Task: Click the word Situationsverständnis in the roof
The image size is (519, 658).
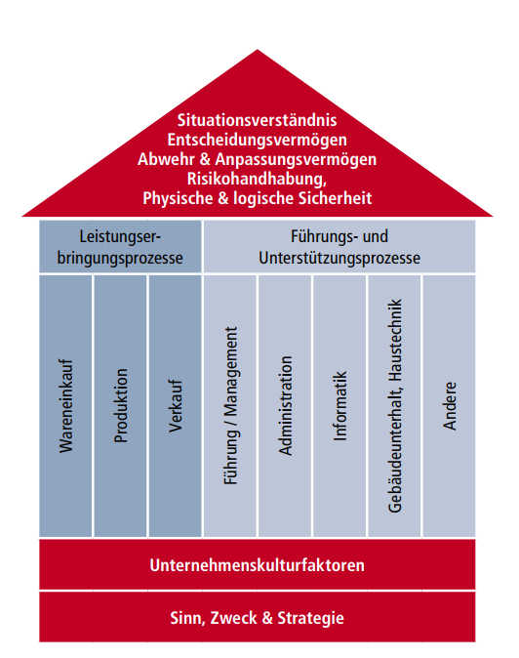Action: (257, 120)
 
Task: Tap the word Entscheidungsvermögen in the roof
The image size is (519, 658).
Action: (257, 141)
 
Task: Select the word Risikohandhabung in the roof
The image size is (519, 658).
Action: (257, 179)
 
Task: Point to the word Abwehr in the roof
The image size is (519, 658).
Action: (167, 159)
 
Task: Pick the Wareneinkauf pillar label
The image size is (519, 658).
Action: (66, 406)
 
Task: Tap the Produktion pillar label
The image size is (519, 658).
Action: (121, 406)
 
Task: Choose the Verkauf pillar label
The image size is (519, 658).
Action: (176, 406)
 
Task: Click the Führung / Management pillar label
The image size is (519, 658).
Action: (230, 406)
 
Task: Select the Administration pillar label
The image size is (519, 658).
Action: (286, 406)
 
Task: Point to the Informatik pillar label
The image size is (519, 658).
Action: (340, 406)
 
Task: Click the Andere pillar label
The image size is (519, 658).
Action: (450, 406)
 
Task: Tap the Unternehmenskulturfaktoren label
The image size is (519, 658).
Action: (257, 565)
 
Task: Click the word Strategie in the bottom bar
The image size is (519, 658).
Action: (310, 618)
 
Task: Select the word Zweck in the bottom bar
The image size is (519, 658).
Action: (233, 618)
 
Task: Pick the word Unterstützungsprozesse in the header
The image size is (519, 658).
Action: (339, 258)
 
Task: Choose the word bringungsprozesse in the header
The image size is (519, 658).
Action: (120, 258)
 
